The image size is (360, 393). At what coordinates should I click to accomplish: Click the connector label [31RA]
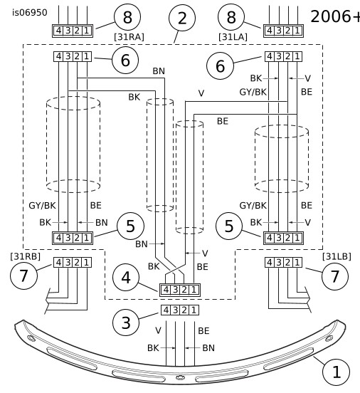(129, 37)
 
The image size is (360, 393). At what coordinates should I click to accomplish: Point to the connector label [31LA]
(233, 37)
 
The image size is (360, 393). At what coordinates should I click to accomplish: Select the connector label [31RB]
(26, 256)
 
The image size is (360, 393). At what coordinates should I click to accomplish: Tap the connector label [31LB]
(337, 256)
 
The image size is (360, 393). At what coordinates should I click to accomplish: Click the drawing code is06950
(30, 13)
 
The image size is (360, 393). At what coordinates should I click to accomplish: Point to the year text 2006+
(335, 16)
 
